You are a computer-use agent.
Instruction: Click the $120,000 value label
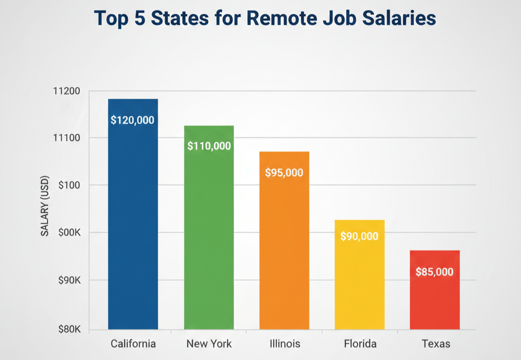tap(132, 121)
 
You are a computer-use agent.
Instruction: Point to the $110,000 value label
tap(209, 146)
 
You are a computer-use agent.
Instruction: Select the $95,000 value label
tap(284, 173)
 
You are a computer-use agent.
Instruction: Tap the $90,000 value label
tap(359, 236)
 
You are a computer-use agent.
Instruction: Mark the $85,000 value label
tap(434, 272)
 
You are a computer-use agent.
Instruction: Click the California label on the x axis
tap(133, 344)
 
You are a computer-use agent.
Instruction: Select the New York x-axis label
tap(209, 344)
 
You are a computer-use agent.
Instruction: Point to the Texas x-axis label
tap(436, 344)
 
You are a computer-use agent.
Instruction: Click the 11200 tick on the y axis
tap(66, 92)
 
